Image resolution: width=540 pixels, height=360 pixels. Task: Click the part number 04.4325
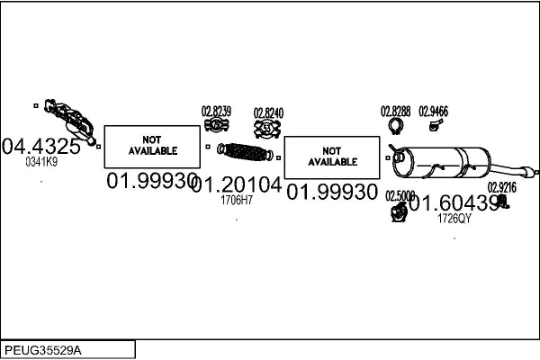point(41,146)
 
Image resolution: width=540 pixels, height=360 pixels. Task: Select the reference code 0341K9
point(41,162)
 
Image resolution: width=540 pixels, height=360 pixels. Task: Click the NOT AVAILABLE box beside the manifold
point(152,146)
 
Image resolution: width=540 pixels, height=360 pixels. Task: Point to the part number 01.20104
point(237,185)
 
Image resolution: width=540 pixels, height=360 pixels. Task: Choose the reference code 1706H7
point(237,200)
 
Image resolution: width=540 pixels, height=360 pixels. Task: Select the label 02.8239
point(216,112)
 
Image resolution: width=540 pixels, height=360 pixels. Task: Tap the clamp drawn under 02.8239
point(216,126)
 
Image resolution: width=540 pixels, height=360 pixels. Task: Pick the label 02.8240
point(268,112)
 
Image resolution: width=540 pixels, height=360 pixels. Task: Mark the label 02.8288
point(396,112)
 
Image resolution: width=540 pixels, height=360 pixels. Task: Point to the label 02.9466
point(434,112)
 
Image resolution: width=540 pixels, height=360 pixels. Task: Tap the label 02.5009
point(400,195)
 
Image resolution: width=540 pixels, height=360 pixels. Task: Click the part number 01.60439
point(454,204)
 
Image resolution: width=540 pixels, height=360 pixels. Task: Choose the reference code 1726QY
point(454,219)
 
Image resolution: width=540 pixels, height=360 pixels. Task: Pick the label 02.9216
point(502,188)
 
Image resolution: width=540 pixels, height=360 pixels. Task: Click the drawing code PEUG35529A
point(43,349)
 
